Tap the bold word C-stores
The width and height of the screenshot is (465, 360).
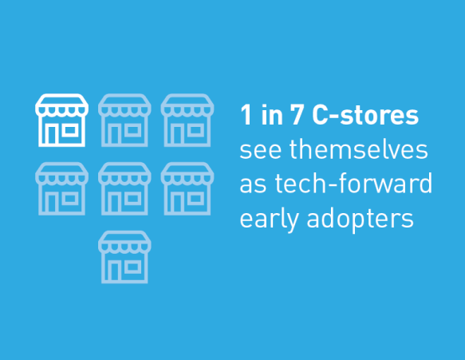pos(365,115)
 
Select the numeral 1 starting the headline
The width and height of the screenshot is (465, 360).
pos(246,115)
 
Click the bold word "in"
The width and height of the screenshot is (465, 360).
pos(272,115)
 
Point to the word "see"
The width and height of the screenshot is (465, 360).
pos(260,151)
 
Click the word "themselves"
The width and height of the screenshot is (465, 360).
pos(359,149)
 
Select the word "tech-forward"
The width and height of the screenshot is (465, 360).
pos(353,183)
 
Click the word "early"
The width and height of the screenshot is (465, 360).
pos(269,220)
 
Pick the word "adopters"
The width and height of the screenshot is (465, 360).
pos(360,220)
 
